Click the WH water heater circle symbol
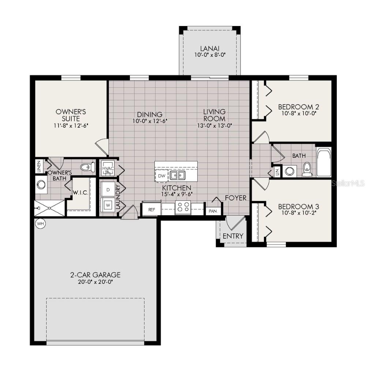40,223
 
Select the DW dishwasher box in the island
162,176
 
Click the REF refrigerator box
151,210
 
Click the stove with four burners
183,207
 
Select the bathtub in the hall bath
324,162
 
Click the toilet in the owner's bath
87,167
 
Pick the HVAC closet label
108,169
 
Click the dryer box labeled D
108,190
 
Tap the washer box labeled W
108,205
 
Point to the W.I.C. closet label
80,193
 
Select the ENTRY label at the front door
233,236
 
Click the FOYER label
235,198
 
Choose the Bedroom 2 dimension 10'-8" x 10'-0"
298,113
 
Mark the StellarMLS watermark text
348,182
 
